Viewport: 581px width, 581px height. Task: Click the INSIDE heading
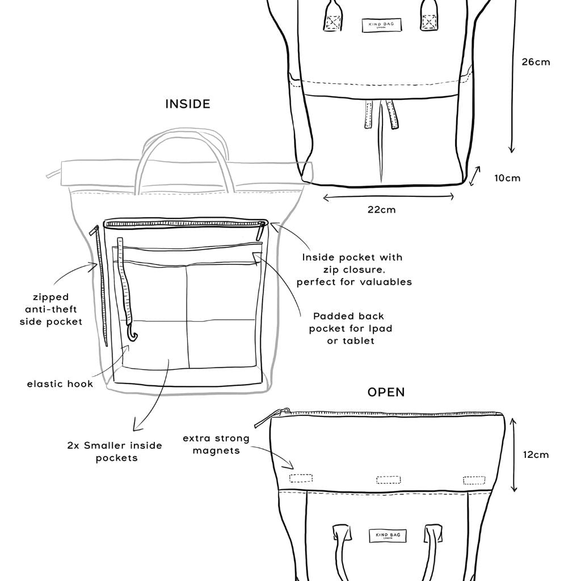pos(188,104)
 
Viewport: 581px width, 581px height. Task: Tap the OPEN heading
pos(386,392)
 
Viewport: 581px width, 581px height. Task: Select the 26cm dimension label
pos(536,62)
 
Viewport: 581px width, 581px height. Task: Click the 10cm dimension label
pos(507,178)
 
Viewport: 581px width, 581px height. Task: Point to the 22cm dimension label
pos(382,210)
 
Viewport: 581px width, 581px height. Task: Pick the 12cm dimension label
pos(535,454)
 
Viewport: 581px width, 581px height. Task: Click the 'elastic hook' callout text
pos(60,384)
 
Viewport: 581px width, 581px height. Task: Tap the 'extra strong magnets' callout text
pos(216,444)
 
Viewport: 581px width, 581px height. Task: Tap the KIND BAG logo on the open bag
pos(388,536)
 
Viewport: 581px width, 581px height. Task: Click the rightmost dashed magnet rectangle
pos(474,480)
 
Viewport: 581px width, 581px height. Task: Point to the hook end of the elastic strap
pos(134,335)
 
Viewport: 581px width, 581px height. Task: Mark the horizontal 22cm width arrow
pos(388,197)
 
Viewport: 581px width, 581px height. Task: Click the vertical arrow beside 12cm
pos(513,454)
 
